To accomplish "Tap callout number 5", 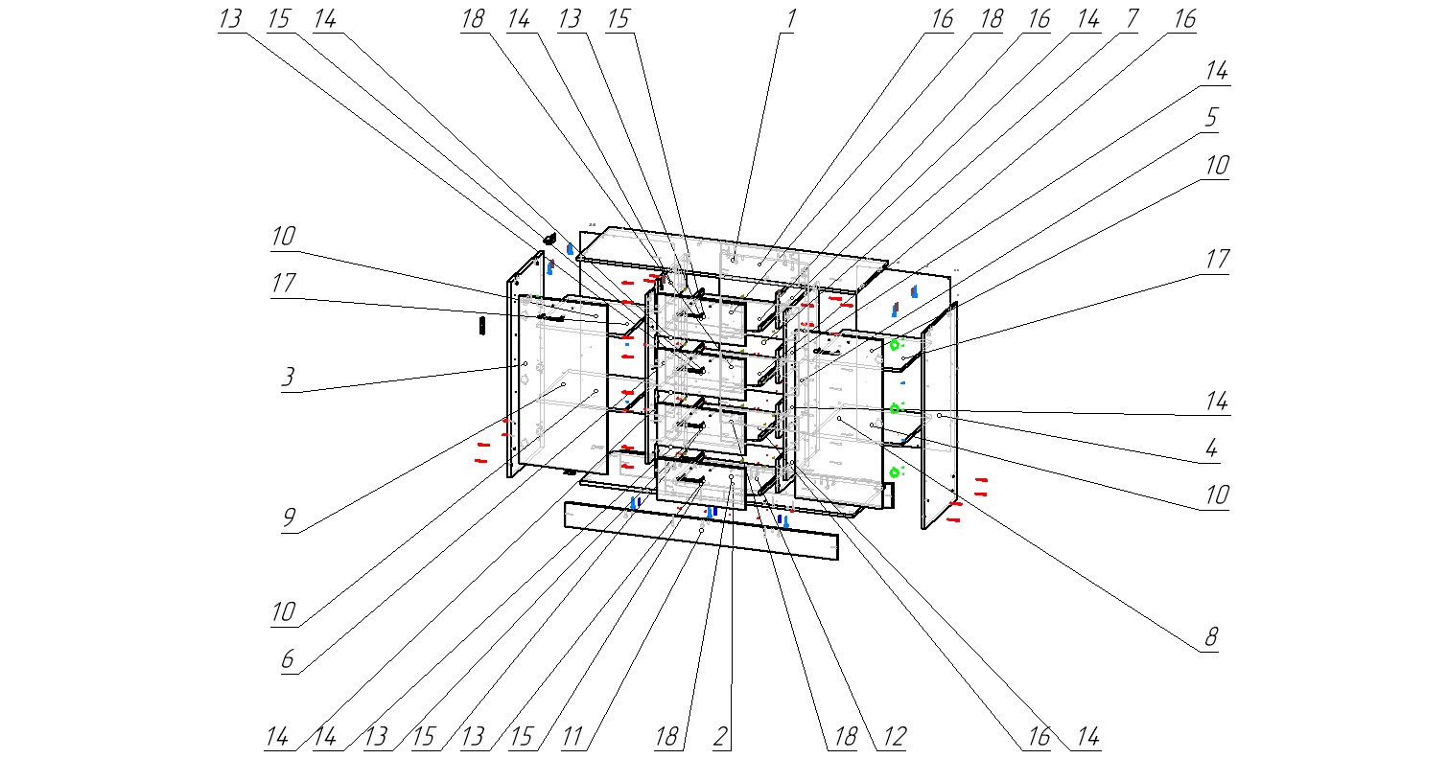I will (1212, 118).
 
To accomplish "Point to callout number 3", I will (287, 377).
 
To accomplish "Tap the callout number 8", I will (1210, 637).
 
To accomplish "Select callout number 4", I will (1212, 448).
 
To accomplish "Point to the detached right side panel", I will (940, 417).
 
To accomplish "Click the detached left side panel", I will (525, 364).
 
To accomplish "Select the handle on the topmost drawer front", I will (692, 310).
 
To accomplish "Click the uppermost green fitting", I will (895, 344).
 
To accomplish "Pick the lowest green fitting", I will (896, 471).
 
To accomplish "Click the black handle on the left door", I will (553, 317).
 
